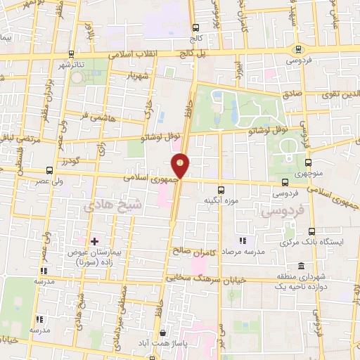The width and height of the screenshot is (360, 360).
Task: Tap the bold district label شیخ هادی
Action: coord(108,207)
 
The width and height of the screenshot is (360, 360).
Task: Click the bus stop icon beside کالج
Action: coord(194,29)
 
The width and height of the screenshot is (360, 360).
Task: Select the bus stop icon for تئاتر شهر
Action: coord(71,53)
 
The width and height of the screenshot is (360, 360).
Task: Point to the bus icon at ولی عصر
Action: coord(49,170)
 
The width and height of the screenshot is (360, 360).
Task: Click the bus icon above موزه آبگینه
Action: coord(221,190)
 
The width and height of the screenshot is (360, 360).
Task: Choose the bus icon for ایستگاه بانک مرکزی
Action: coord(311,231)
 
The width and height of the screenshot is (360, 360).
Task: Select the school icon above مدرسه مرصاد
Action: coord(244,241)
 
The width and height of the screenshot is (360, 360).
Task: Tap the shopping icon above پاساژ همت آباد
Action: coord(162,333)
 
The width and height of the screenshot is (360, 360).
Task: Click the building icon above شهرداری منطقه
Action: coord(301,266)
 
